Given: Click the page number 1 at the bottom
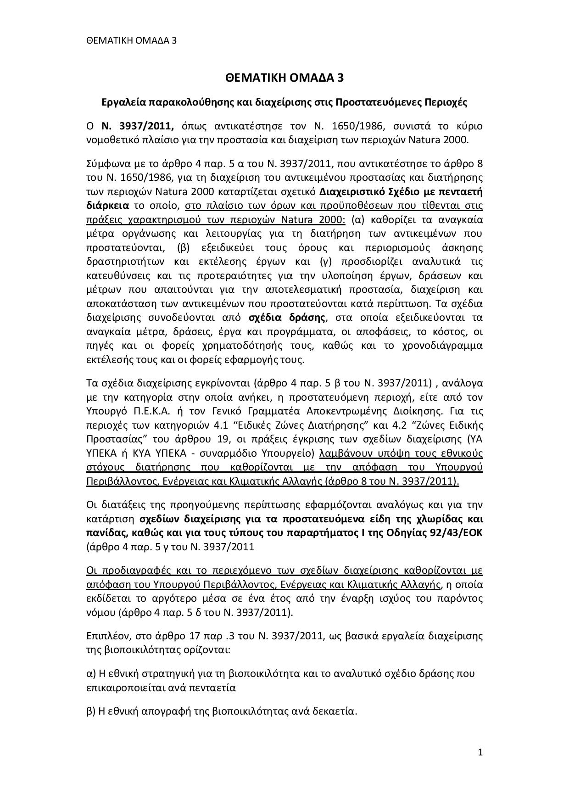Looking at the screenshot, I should (480, 752).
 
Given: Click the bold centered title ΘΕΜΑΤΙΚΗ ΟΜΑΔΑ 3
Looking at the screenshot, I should (284, 78).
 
